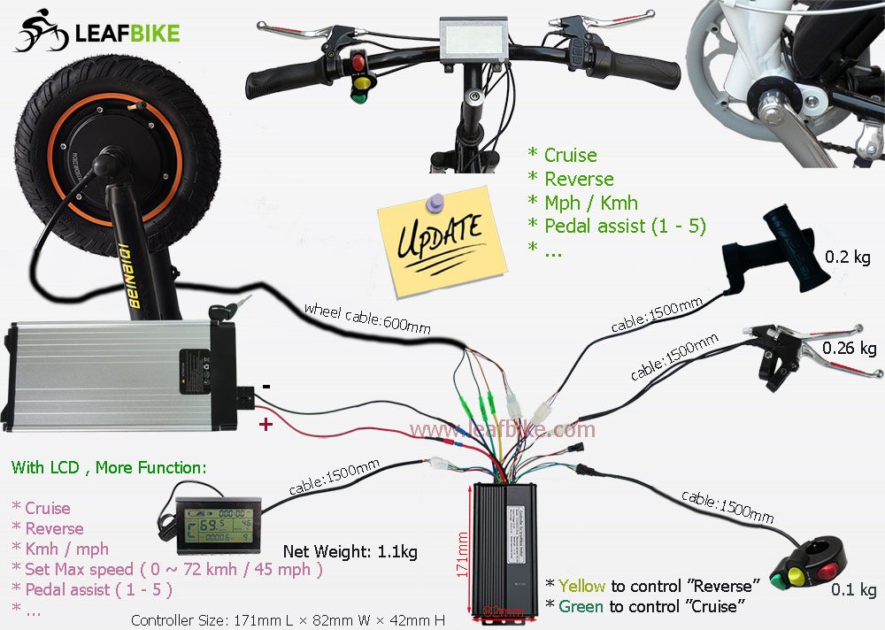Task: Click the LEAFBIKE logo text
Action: coord(127,34)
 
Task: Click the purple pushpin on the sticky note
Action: coord(433,204)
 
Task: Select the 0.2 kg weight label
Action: coord(849,258)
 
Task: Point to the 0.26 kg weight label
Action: coord(849,348)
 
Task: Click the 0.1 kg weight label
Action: coord(854,590)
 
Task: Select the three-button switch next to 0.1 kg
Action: coord(807,571)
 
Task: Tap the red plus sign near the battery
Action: coord(265,426)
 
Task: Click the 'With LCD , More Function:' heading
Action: coord(108,467)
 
